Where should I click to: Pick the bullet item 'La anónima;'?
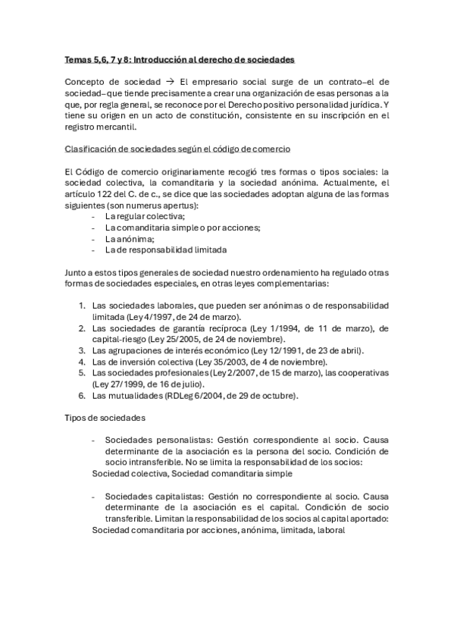(x=130, y=238)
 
